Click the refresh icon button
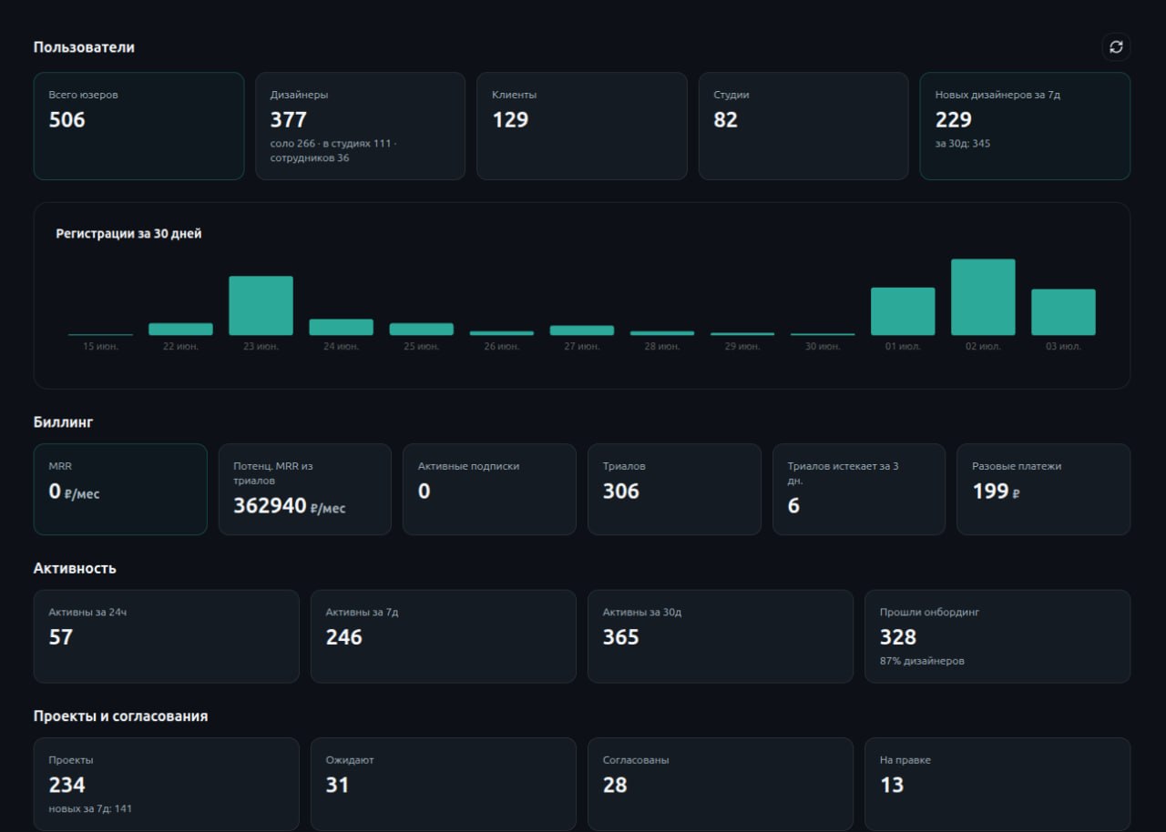1116,47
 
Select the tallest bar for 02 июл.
983,297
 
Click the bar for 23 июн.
261,305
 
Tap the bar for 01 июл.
903,311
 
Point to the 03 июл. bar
1063,312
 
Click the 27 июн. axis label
582,346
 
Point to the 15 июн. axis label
100,346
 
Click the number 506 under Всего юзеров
66,120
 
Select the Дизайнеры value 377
289,120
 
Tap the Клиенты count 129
510,120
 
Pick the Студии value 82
726,120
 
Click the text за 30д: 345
963,144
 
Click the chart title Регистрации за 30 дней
128,234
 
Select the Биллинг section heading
63,422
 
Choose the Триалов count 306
620,492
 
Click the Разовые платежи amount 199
990,492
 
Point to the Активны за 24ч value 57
60,637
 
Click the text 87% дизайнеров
922,661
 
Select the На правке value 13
892,786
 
